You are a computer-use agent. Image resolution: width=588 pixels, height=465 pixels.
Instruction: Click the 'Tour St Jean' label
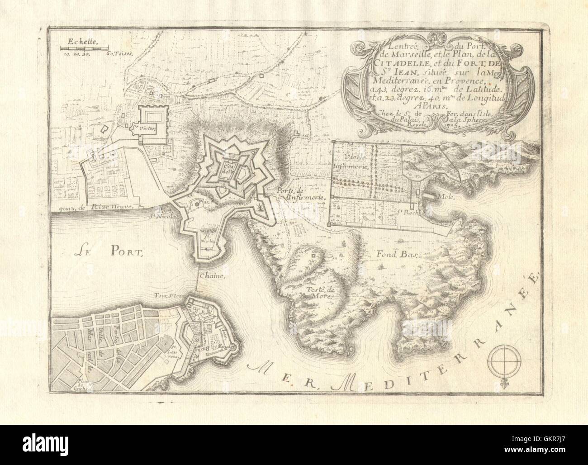pyautogui.click(x=166, y=297)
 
